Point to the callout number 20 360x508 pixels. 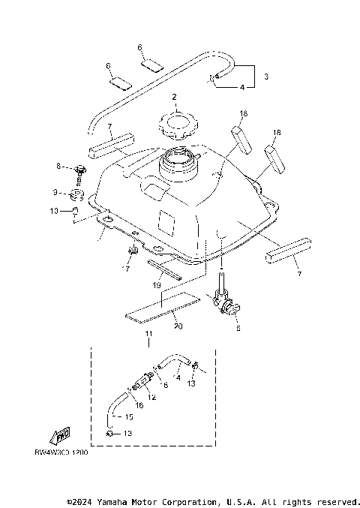click(177, 326)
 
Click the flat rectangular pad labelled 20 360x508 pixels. click(161, 308)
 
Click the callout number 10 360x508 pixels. click(54, 212)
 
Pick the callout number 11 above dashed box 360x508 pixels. click(148, 334)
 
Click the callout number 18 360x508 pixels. click(277, 133)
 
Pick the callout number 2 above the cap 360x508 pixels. click(174, 98)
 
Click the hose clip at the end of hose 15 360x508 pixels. click(109, 434)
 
